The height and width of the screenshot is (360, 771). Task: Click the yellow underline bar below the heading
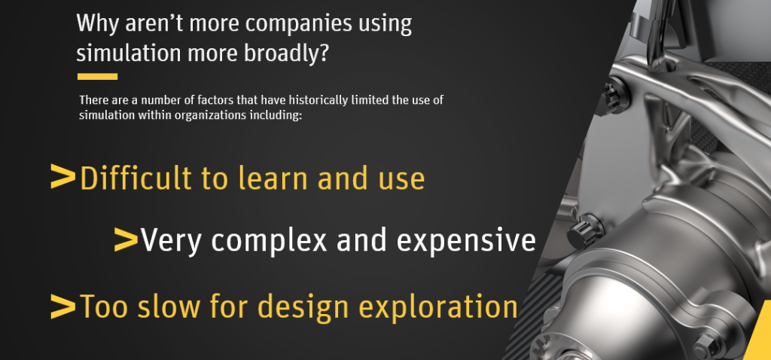click(97, 76)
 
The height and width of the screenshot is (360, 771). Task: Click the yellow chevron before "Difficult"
click(63, 177)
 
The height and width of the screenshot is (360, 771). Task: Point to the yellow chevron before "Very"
click(126, 240)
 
